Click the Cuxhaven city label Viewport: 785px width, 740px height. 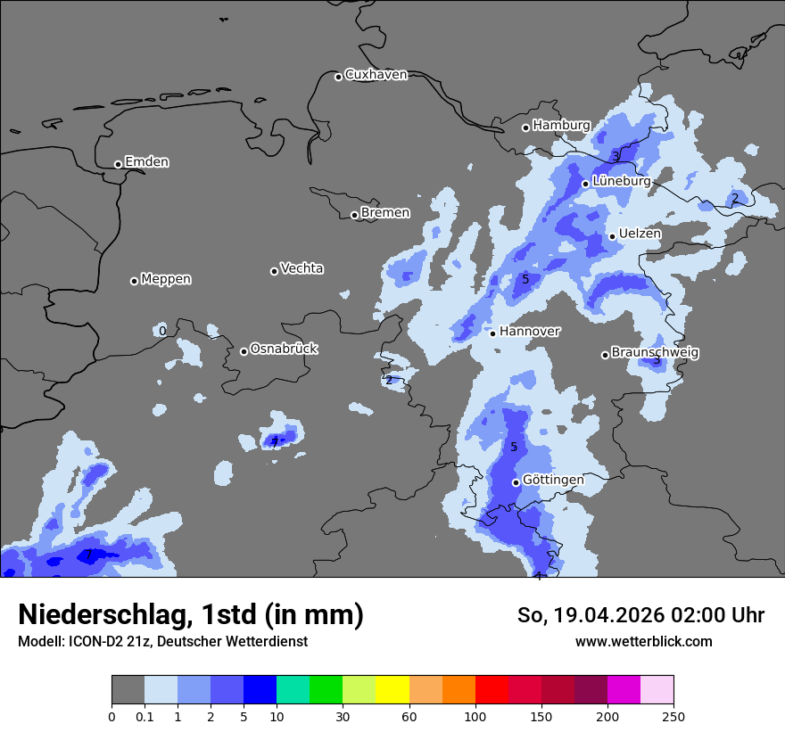point(376,75)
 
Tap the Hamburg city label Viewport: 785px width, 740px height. point(561,126)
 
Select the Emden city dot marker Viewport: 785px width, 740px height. point(118,164)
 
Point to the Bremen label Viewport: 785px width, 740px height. point(385,213)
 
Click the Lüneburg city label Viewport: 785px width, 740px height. point(621,181)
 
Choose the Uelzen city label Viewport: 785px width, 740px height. point(640,234)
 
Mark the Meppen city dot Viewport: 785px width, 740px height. point(134,281)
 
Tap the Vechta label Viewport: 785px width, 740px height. point(302,268)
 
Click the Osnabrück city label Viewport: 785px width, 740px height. point(284,349)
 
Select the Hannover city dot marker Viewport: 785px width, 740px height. point(492,333)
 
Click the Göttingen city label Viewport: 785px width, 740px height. point(553,480)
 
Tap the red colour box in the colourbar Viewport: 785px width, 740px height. point(492,690)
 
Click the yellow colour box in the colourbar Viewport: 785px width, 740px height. point(392,690)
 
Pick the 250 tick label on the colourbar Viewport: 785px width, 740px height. point(673,716)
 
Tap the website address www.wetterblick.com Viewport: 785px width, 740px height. point(643,641)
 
